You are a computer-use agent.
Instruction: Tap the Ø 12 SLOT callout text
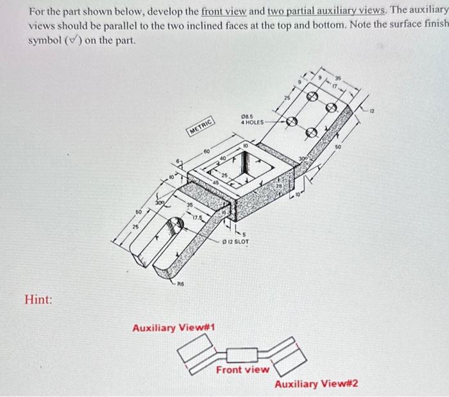click(235, 242)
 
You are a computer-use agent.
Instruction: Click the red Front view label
click(242, 370)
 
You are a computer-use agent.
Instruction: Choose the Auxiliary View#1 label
click(173, 328)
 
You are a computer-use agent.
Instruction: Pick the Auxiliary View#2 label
click(316, 384)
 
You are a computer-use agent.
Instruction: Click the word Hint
click(38, 299)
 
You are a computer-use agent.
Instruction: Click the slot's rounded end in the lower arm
click(174, 226)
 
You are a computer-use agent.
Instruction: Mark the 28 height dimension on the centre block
click(280, 187)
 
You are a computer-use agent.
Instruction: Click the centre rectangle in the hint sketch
click(242, 355)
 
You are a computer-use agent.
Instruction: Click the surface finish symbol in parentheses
click(75, 41)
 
